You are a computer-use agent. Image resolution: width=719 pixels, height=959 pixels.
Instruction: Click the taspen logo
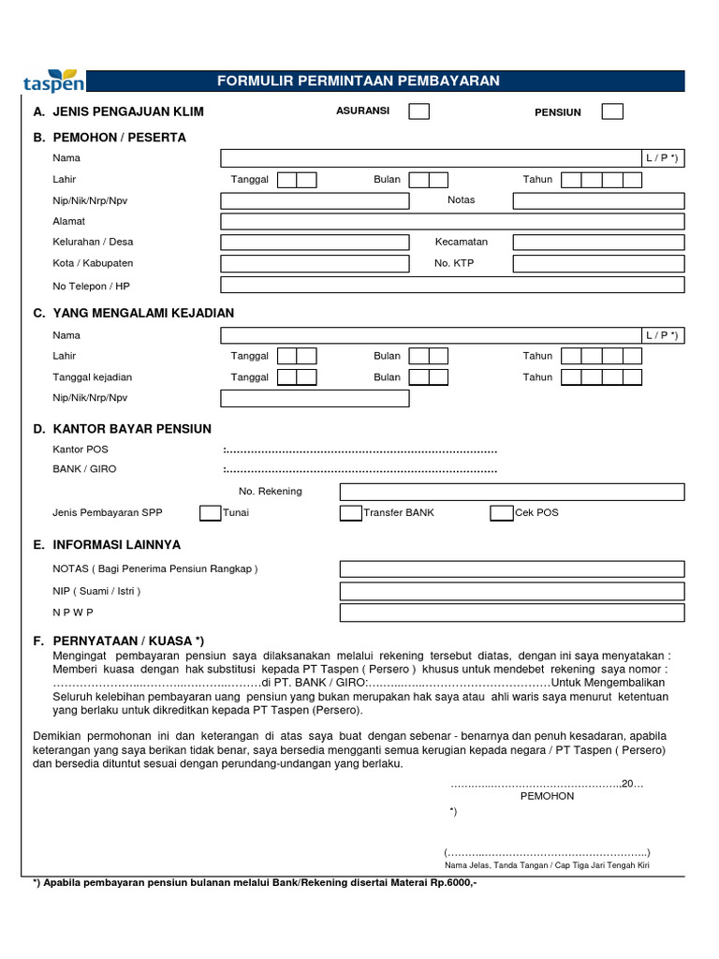coord(53,82)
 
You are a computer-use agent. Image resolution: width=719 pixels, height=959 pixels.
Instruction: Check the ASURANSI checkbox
coord(419,111)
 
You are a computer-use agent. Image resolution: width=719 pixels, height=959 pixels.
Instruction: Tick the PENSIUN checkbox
coord(612,111)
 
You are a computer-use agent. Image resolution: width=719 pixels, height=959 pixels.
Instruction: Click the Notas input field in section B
coord(598,200)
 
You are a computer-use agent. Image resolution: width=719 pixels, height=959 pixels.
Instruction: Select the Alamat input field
coord(452,222)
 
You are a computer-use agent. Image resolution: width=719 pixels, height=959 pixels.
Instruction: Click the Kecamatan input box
coord(598,243)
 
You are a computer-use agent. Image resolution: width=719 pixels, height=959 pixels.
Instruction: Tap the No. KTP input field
coord(598,263)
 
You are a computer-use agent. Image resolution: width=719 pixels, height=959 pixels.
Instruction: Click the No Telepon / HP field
coord(452,285)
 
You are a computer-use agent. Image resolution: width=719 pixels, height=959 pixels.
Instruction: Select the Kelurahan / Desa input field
coord(315,243)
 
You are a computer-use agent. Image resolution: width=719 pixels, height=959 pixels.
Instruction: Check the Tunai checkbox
coord(210,512)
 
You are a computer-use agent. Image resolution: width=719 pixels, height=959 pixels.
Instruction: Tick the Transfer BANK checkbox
coord(350,512)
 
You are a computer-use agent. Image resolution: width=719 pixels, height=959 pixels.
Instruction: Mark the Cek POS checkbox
coord(502,512)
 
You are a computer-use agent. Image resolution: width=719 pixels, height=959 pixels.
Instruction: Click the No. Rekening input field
coord(511,492)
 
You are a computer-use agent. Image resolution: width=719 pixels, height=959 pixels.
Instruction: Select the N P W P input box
coord(511,612)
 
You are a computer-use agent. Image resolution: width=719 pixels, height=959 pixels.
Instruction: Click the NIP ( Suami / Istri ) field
coord(511,591)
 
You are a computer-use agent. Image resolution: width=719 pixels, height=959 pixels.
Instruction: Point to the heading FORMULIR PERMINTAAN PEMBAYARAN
coord(359,81)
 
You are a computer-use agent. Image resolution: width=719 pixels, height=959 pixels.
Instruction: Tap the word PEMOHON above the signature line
coord(547,796)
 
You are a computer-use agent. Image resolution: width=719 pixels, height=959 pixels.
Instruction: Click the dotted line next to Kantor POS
coord(361,450)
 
